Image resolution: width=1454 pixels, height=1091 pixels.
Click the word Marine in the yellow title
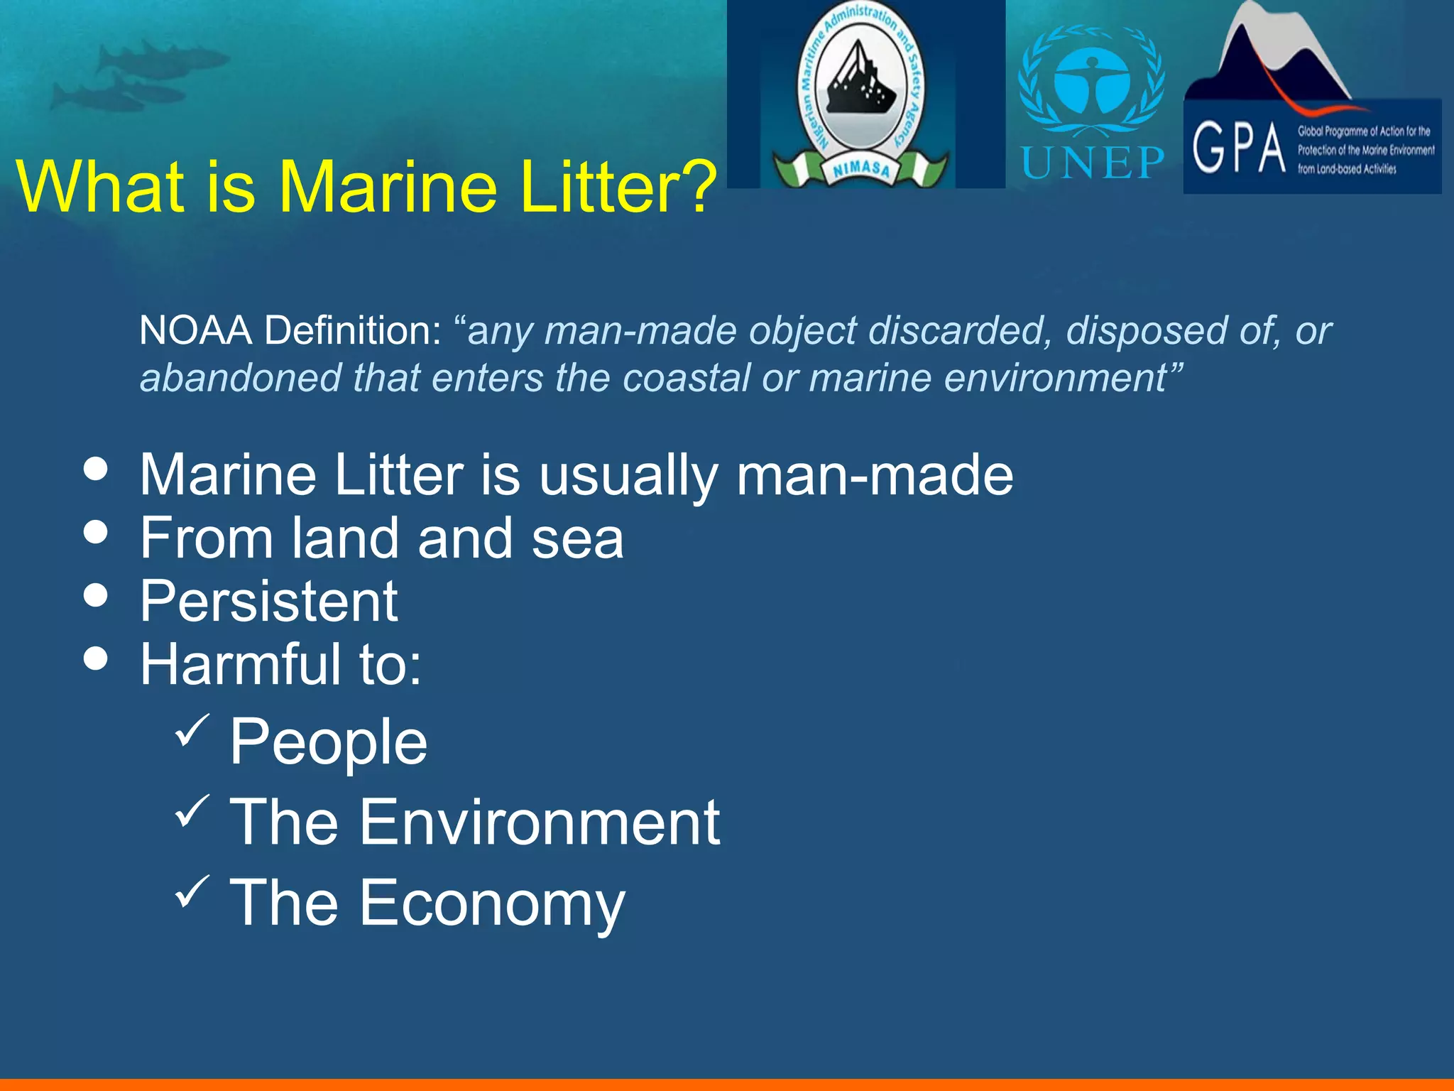point(388,186)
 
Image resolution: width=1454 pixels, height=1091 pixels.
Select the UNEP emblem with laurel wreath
point(1091,82)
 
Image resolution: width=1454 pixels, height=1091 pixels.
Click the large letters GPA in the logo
point(1239,148)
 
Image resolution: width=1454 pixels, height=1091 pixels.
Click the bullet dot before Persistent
point(95,595)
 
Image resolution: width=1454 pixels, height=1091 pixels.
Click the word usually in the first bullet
point(628,476)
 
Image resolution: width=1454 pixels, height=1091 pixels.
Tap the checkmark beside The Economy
point(192,891)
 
